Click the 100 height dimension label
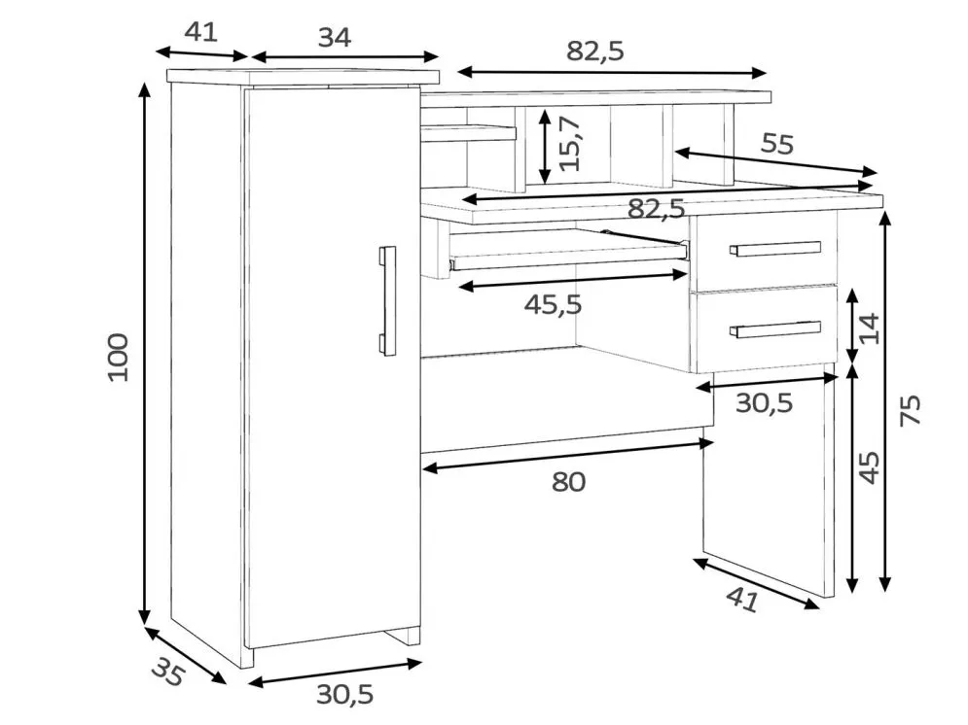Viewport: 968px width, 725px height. pyautogui.click(x=118, y=358)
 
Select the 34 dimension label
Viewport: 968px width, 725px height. pyautogui.click(x=335, y=38)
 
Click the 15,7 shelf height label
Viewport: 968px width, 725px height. pyautogui.click(x=569, y=143)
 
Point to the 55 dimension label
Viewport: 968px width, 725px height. pyautogui.click(x=776, y=144)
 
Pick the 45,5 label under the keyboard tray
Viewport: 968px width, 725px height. pyautogui.click(x=554, y=304)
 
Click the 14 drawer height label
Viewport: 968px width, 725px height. pyautogui.click(x=869, y=328)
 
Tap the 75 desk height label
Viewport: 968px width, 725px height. pyautogui.click(x=911, y=409)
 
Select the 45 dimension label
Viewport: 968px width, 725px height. pyautogui.click(x=869, y=467)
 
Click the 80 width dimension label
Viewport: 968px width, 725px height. pyautogui.click(x=568, y=481)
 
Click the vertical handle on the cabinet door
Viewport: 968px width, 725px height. pyautogui.click(x=387, y=300)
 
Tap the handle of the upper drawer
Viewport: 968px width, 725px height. pyautogui.click(x=774, y=248)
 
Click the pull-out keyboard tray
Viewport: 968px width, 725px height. pyautogui.click(x=568, y=250)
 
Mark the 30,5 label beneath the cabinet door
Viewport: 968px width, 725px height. pyautogui.click(x=345, y=695)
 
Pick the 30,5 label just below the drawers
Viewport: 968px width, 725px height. pyautogui.click(x=765, y=403)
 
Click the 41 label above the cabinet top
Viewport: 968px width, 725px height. pyautogui.click(x=201, y=31)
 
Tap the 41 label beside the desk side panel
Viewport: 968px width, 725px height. pyautogui.click(x=742, y=599)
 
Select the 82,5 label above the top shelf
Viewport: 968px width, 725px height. pyautogui.click(x=595, y=52)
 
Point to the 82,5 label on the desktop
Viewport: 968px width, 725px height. pyautogui.click(x=657, y=209)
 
